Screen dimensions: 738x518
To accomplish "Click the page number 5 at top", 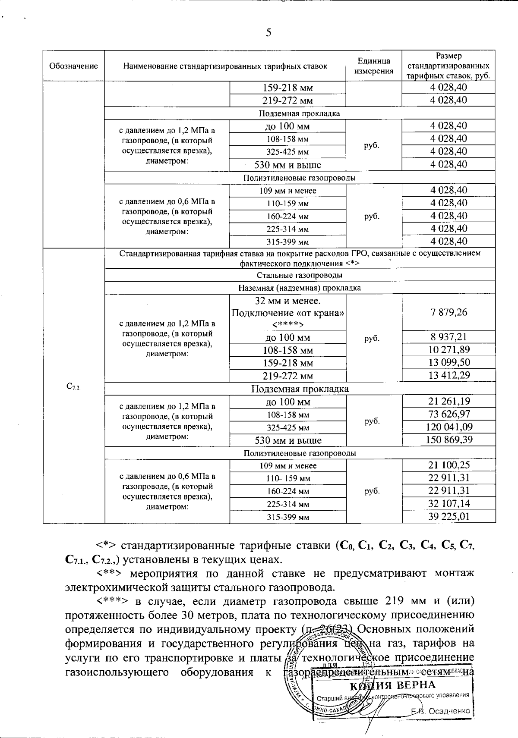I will point(268,32).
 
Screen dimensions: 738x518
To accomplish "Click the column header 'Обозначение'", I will point(73,66).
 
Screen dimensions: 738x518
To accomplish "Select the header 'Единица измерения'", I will point(374,66).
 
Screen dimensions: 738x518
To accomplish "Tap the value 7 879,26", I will point(449,312).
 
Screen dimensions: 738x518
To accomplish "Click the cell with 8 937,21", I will point(449,337).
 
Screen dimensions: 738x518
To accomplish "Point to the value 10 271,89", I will point(449,350).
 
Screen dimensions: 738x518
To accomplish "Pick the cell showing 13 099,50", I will point(449,362).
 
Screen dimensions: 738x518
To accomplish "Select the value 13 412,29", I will point(449,375).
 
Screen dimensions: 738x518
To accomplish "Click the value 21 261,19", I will point(449,402).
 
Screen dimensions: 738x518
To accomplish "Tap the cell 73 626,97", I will point(449,415).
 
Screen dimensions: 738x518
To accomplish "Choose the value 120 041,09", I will point(449,427).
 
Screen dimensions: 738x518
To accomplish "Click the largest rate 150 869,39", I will point(449,440).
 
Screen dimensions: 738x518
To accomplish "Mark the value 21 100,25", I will point(449,465).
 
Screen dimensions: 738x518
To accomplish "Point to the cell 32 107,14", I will point(449,503).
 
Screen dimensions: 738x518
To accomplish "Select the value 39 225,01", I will point(449,516).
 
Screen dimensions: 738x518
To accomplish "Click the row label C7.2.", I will point(74,386).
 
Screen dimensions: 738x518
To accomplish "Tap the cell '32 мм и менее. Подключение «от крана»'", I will point(288,312).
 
